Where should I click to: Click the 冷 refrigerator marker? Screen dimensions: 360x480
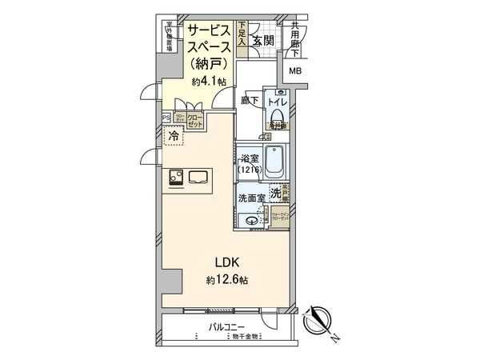pyautogui.click(x=174, y=137)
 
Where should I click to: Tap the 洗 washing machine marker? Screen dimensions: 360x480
pyautogui.click(x=276, y=193)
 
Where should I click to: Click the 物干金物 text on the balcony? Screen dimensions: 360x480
pyautogui.click(x=243, y=336)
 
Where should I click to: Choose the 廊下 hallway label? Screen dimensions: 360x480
pyautogui.click(x=248, y=101)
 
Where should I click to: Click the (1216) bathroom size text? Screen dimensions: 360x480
pyautogui.click(x=247, y=170)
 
